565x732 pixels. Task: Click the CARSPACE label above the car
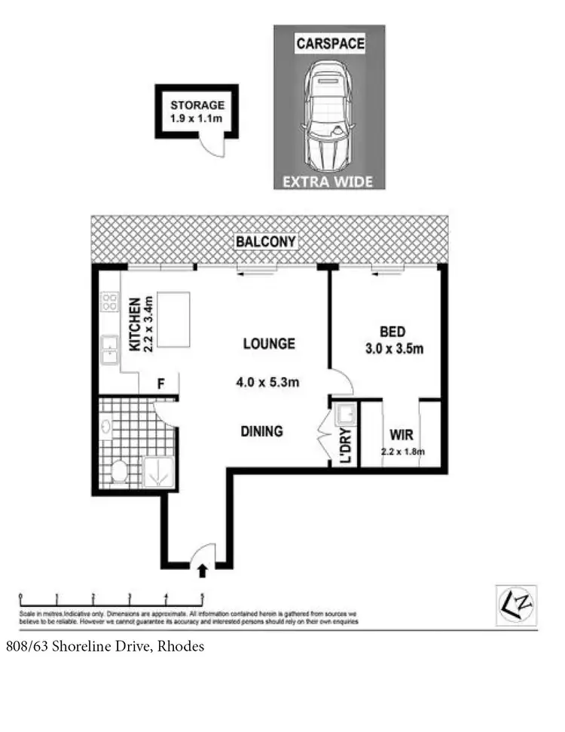328,44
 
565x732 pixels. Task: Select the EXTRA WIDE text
328,181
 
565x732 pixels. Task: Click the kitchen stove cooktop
109,302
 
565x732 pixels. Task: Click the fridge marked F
160,384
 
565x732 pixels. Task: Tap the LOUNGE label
268,344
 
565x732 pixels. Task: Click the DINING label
261,432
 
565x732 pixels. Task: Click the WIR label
399,435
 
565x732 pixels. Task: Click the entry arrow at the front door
202,571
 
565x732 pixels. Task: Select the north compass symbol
516,605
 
